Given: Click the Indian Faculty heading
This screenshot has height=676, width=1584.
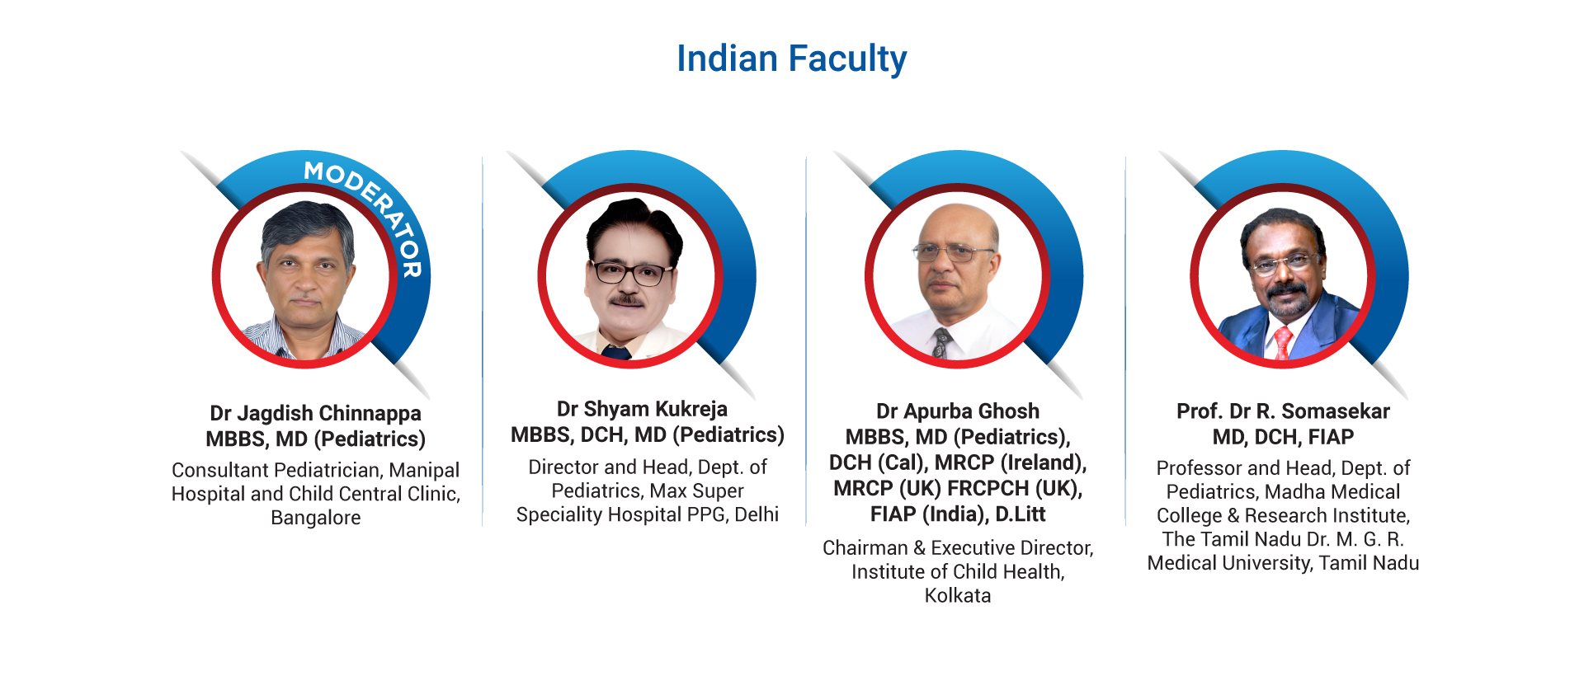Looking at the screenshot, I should tap(791, 59).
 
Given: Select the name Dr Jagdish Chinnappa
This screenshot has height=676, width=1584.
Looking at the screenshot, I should tap(315, 413).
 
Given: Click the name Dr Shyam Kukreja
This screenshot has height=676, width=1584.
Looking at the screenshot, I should tap(642, 409).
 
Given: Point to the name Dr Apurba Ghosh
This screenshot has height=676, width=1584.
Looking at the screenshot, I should tap(957, 411).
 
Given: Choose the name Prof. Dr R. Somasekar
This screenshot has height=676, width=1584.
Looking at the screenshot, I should tap(1283, 411).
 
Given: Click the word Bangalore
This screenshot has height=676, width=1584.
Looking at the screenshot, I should tap(316, 518).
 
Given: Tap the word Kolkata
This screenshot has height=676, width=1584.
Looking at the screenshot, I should tap(957, 595).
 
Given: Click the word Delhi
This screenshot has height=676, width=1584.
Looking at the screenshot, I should tap(757, 514).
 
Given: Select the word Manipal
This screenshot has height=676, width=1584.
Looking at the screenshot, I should tap(424, 470).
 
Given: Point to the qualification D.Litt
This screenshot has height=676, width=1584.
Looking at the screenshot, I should tap(1020, 514).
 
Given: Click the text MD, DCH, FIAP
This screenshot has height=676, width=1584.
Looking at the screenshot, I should tap(1283, 437).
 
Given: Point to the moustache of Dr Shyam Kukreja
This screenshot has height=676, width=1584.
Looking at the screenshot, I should tap(626, 300).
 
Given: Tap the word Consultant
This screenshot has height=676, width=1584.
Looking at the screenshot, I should tap(220, 470).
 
